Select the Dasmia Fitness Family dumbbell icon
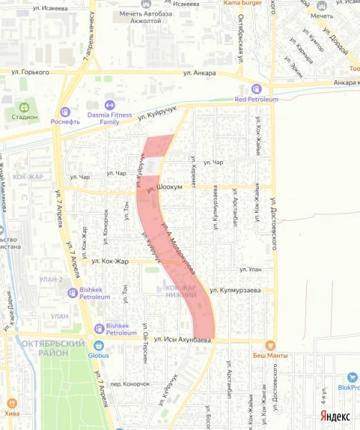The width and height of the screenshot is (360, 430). (x=109, y=105)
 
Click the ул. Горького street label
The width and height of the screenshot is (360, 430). (x=30, y=72)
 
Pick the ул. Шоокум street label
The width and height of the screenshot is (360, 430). (x=161, y=188)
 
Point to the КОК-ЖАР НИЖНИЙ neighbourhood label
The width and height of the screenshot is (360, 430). (x=181, y=291)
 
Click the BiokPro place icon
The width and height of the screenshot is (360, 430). (x=351, y=376)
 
